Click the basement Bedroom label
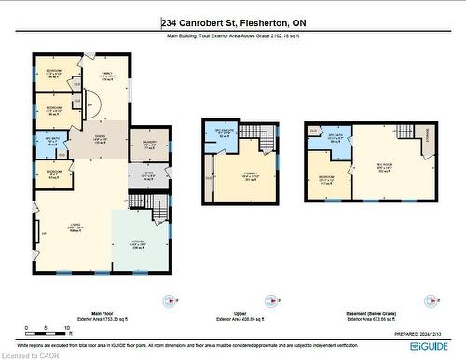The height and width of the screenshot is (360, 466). point(325,180)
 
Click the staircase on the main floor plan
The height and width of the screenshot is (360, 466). point(138,201)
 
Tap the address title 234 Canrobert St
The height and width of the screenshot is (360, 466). point(232,21)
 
